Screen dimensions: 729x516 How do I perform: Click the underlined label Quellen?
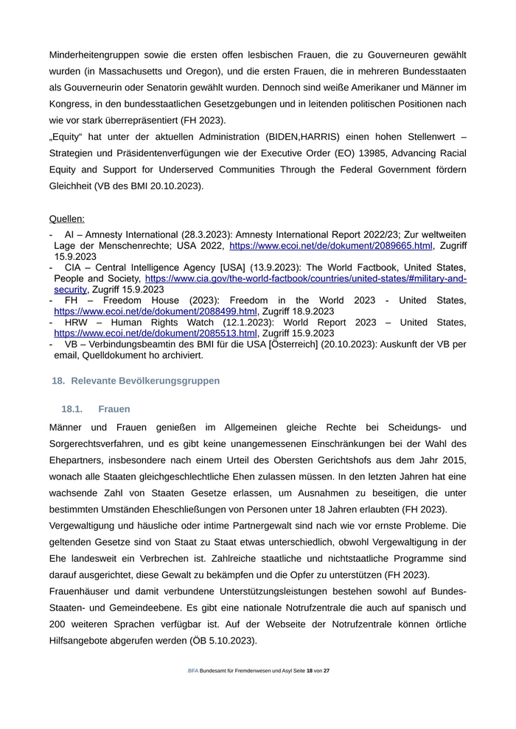click(66, 219)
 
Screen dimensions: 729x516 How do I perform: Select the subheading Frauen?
click(114, 409)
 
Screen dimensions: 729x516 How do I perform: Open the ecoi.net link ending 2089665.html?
click(331, 245)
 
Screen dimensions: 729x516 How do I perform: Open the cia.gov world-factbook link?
click(306, 279)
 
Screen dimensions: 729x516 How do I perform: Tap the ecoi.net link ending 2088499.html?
click(156, 311)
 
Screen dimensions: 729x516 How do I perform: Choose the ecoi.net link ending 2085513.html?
click(156, 333)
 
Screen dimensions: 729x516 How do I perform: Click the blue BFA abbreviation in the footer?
click(192, 671)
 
